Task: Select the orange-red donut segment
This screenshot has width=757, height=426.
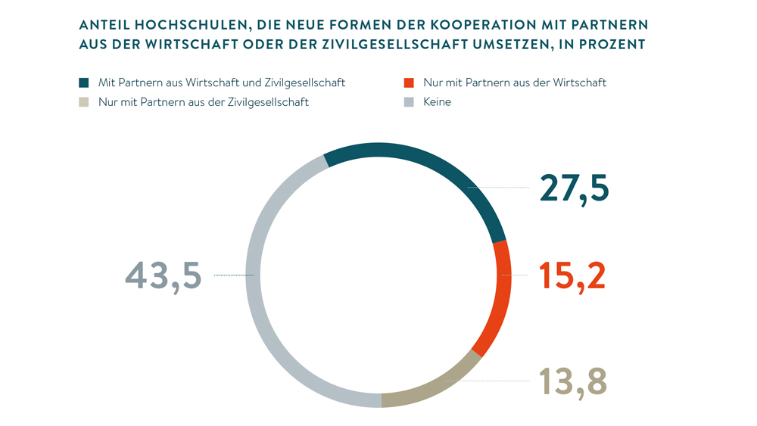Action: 501,295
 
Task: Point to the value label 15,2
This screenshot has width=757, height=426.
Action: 572,276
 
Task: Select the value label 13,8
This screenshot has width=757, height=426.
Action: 573,381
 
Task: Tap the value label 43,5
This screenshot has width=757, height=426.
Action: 164,275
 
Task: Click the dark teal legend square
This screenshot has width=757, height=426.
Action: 84,82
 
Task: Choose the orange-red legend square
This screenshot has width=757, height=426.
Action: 409,82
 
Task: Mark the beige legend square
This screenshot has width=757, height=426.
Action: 84,102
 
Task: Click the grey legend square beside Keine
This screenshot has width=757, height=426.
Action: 409,102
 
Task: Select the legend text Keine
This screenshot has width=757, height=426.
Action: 438,102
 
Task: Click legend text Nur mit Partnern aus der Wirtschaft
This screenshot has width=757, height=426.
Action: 515,82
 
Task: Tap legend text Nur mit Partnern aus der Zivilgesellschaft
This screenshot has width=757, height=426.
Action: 204,102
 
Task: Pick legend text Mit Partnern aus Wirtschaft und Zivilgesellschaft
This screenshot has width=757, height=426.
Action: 222,82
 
